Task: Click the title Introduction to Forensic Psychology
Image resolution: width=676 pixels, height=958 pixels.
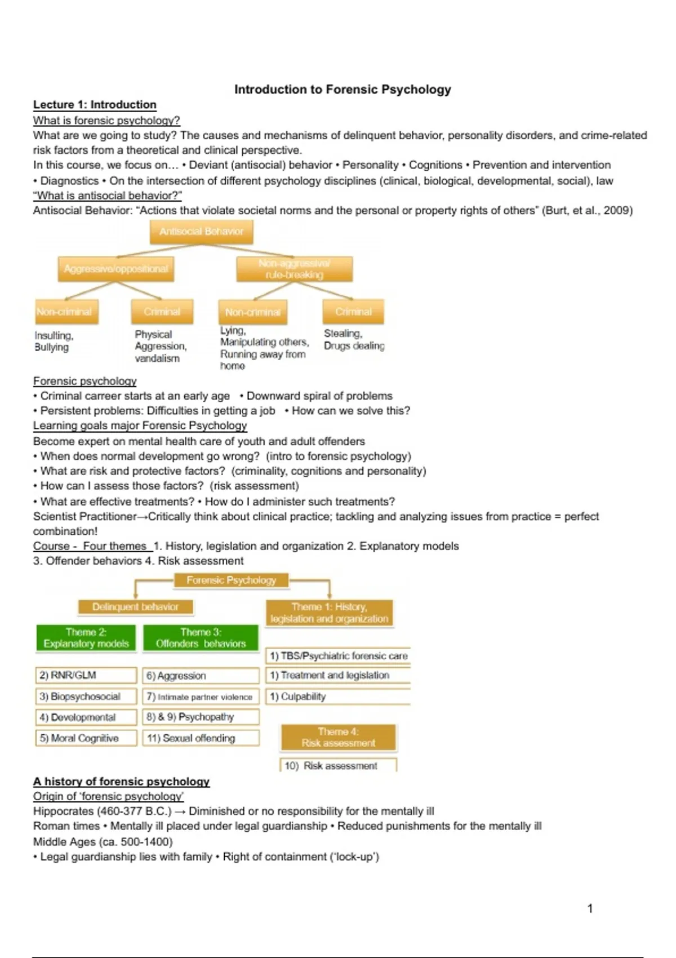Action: click(x=343, y=90)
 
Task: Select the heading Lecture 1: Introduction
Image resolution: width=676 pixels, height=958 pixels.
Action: click(x=95, y=105)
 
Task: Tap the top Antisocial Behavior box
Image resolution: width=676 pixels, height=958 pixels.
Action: click(x=201, y=232)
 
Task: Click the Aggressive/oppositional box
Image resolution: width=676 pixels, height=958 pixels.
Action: click(x=116, y=269)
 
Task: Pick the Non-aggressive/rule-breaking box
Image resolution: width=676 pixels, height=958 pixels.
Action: click(x=295, y=269)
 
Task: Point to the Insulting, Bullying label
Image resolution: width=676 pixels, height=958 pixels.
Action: click(x=54, y=341)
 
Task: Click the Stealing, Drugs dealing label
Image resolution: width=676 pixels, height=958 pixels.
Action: click(x=354, y=340)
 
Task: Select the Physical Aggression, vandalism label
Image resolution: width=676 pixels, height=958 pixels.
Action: click(x=161, y=346)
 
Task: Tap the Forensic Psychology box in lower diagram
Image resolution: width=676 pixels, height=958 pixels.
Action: click(x=231, y=580)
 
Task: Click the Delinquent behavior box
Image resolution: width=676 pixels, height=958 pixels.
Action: click(x=135, y=607)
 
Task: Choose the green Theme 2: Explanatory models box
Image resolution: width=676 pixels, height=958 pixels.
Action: click(x=86, y=638)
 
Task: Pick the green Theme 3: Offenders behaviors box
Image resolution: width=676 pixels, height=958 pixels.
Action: click(x=201, y=638)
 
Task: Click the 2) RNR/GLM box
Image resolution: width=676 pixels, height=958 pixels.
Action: click(x=86, y=675)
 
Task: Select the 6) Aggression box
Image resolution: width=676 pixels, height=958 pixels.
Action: click(x=201, y=676)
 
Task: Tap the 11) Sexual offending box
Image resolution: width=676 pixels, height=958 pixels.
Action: click(x=201, y=738)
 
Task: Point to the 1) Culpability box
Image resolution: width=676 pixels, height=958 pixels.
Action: click(x=337, y=697)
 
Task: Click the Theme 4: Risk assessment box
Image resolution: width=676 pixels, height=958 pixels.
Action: click(x=338, y=737)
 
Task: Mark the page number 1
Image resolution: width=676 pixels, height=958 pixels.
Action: click(x=590, y=908)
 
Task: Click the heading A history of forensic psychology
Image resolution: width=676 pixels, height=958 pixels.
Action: click(x=121, y=782)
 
